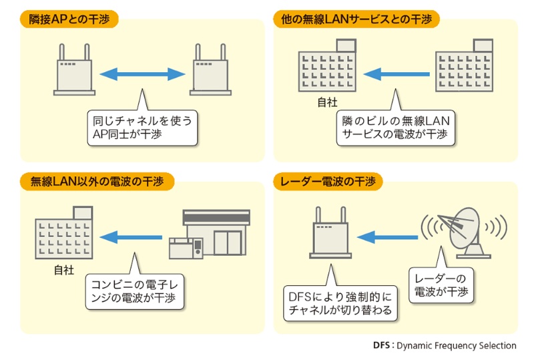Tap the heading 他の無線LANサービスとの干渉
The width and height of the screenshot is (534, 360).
[x=356, y=19]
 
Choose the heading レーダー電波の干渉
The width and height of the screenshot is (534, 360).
[x=328, y=180]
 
